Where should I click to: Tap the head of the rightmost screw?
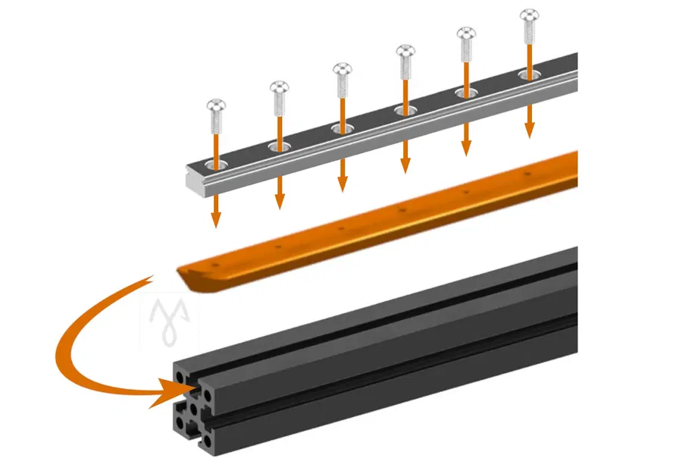click(530, 14)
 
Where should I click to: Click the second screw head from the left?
click(279, 86)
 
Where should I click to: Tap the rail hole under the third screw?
click(342, 127)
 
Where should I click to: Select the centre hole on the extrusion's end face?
click(195, 408)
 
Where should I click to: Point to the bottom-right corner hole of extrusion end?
click(208, 440)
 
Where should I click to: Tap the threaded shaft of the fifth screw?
click(467, 54)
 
